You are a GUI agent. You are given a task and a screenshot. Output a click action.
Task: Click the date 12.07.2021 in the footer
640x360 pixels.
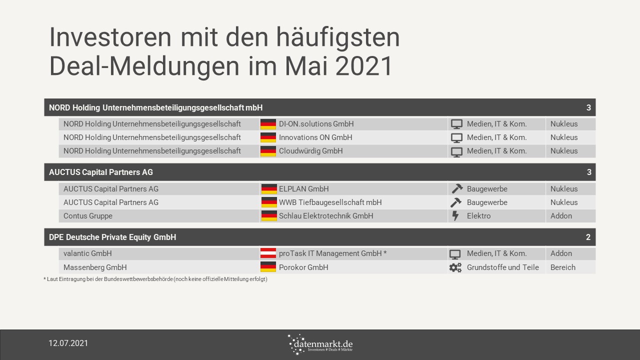[68, 343]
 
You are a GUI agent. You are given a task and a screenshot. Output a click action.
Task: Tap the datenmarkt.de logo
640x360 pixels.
[320, 344]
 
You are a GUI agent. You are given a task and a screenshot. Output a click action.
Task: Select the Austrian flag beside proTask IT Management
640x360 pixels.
[268, 253]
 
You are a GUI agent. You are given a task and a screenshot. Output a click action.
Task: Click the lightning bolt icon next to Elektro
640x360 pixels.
[455, 215]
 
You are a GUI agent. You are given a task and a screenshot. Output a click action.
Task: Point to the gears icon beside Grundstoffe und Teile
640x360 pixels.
[455, 267]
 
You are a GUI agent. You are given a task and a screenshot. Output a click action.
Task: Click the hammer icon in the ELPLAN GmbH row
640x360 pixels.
[457, 188]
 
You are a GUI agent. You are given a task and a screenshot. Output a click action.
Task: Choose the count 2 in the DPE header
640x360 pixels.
[588, 237]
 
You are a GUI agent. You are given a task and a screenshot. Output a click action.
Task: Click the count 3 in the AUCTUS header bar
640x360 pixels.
[589, 172]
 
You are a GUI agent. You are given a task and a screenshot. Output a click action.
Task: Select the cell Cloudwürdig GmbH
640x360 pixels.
[310, 151]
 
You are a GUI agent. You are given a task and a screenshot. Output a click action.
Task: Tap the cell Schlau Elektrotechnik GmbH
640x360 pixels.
[326, 215]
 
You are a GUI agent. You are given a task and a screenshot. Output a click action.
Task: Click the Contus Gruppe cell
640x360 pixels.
[87, 216]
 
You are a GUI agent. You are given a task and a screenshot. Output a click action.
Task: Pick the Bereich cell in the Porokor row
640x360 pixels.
[563, 267]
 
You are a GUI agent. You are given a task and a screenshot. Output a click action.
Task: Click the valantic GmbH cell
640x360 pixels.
[87, 253]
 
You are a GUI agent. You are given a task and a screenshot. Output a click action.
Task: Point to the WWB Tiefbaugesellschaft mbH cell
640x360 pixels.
[330, 202]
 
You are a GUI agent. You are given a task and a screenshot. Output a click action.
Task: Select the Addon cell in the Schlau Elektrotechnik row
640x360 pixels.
[561, 215]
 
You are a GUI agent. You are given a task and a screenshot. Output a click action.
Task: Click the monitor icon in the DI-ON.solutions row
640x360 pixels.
[456, 124]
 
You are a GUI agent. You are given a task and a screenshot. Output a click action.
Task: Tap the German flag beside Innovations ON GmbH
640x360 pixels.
[268, 137]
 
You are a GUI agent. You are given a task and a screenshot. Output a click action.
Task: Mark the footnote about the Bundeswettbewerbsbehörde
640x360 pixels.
[155, 279]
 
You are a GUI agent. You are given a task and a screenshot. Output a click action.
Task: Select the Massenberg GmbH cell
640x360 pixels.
[95, 267]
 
